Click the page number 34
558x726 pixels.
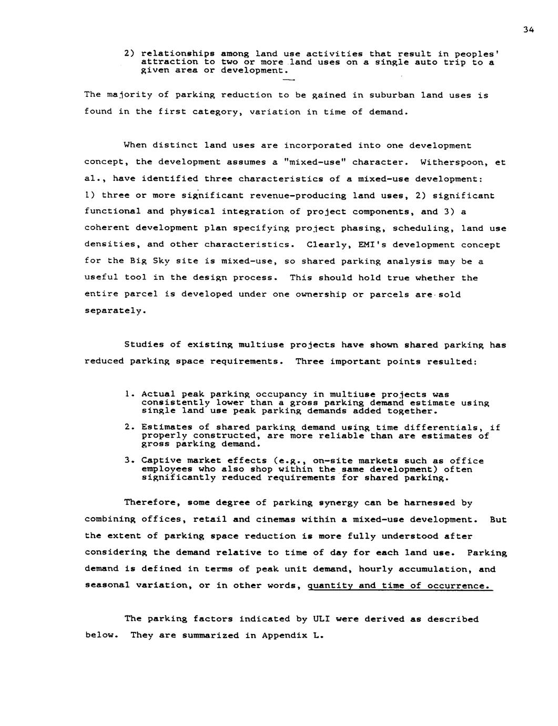[x=529, y=30]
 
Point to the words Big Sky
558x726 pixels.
[x=139, y=261]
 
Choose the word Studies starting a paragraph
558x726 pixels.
[x=144, y=345]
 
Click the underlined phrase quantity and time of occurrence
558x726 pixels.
[x=399, y=586]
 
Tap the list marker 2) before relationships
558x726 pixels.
[x=130, y=54]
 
